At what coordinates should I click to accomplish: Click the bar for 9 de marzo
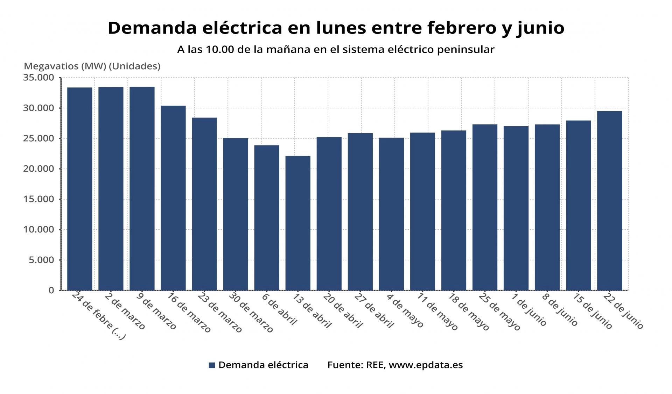(x=142, y=188)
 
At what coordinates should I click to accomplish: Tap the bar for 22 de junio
(x=609, y=201)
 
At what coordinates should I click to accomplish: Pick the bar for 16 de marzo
(x=173, y=198)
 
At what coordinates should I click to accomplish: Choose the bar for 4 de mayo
(x=391, y=214)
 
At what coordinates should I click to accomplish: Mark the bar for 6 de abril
(x=267, y=218)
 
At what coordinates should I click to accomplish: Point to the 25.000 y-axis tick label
(x=38, y=138)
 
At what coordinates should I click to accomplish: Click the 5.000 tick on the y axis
(x=42, y=260)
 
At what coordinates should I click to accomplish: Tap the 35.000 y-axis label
(x=38, y=78)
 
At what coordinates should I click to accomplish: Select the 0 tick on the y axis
(x=51, y=291)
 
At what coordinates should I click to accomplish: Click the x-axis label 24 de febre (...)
(x=98, y=316)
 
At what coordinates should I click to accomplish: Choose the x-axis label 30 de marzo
(x=251, y=313)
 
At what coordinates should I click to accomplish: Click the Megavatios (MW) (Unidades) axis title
(x=92, y=66)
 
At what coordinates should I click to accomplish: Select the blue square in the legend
(x=212, y=365)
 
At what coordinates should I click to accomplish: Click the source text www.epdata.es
(x=426, y=365)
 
